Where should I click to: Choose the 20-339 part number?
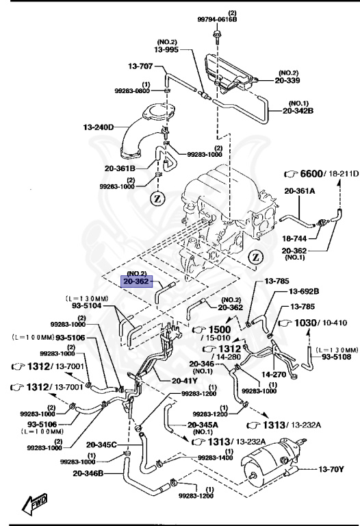coord(298,79)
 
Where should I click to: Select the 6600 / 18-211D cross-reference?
coord(322,174)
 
